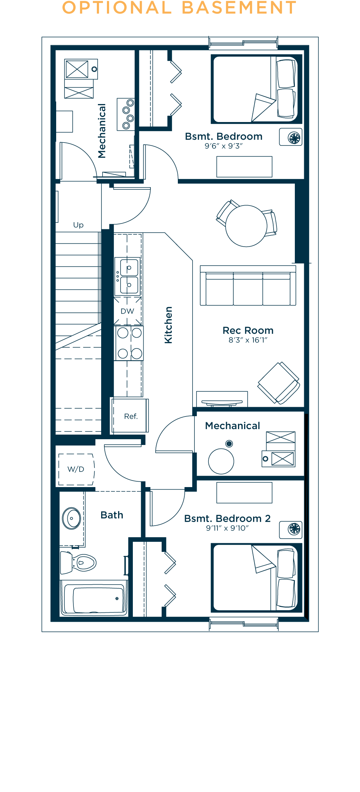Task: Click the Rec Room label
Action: coord(248,330)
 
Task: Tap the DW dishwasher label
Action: coord(127,311)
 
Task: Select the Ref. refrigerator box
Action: coord(130,416)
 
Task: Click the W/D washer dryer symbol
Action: coord(76,469)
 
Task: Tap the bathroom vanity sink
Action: coord(72,518)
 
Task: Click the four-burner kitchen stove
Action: coord(129,343)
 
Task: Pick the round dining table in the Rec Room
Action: coord(246,226)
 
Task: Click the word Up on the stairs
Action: coord(78,225)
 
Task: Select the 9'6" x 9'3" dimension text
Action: coord(224,146)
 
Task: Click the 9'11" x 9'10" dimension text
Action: coord(227,528)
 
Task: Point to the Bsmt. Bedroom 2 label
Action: coord(227,518)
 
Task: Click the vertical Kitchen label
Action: coord(168,325)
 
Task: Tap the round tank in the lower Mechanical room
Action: coord(221,461)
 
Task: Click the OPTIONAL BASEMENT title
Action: coord(179,8)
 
